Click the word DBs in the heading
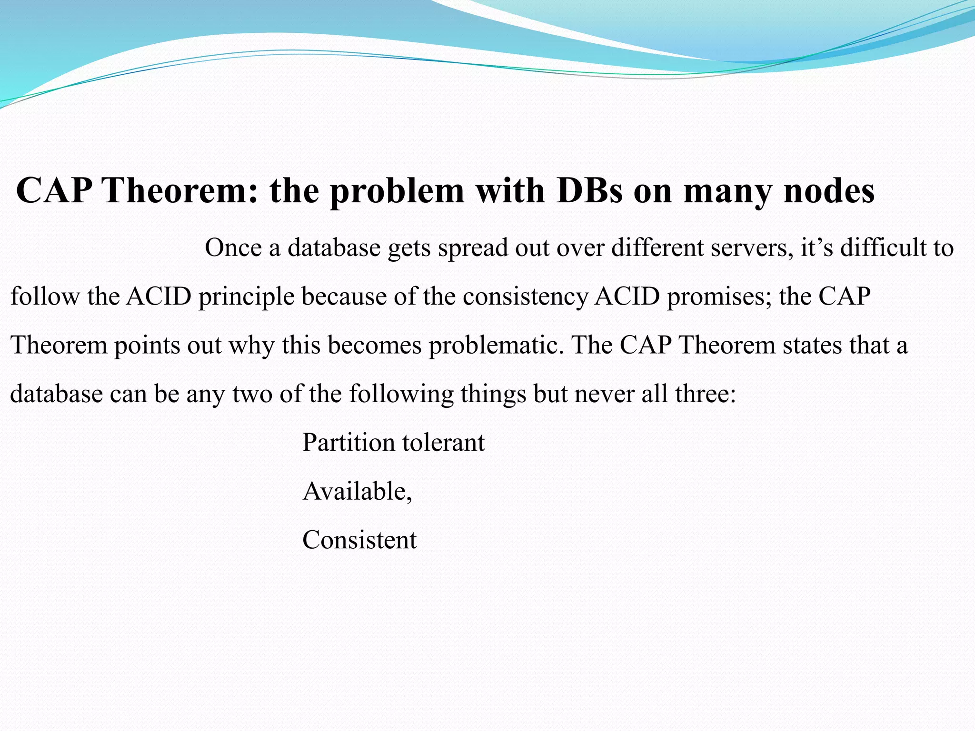[x=589, y=190]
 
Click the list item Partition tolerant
[x=393, y=443]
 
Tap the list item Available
[x=357, y=492]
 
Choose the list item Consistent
[x=359, y=541]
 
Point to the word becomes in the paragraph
[x=375, y=346]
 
